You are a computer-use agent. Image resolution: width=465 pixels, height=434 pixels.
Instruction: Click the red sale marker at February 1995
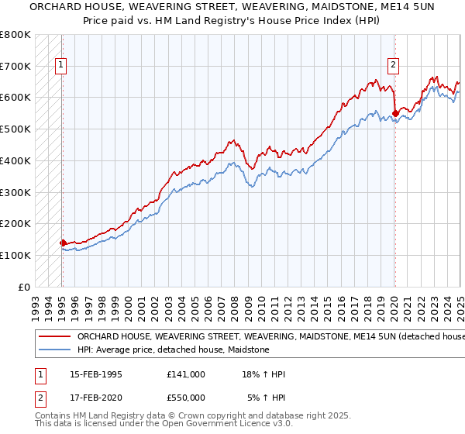(x=63, y=243)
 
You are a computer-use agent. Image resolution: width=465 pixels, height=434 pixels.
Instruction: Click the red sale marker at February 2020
(x=395, y=113)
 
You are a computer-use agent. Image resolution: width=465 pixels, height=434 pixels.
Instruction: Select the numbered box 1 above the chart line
(x=60, y=66)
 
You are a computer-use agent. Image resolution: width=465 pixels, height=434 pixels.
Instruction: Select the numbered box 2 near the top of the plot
(x=394, y=66)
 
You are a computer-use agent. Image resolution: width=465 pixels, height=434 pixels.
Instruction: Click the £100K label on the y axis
(x=16, y=255)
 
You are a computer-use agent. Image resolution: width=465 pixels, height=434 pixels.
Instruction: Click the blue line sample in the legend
(x=54, y=350)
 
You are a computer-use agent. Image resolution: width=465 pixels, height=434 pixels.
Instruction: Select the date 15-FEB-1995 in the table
(x=95, y=374)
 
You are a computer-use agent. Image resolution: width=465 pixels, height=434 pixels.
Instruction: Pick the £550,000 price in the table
(x=186, y=398)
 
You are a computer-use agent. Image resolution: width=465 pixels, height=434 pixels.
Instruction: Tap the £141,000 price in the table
(x=186, y=374)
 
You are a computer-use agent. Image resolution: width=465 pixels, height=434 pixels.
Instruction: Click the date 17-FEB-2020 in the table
(x=95, y=398)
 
